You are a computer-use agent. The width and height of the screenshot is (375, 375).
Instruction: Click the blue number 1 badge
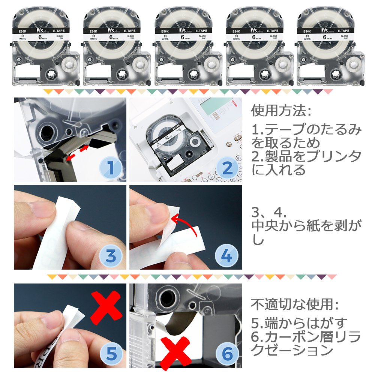(111, 168)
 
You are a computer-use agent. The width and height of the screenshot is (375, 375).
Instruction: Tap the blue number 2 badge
(227, 168)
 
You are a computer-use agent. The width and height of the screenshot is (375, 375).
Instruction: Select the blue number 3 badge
(111, 256)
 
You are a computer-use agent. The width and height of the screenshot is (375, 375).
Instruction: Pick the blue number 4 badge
(227, 256)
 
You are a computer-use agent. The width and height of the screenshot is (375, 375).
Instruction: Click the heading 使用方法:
(281, 111)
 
